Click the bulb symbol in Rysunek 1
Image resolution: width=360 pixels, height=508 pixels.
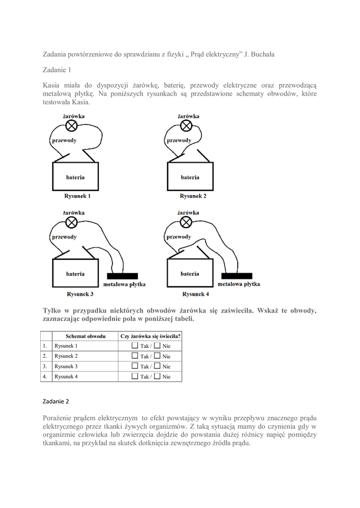coord(72,126)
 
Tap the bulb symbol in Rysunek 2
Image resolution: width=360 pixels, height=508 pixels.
coord(187,126)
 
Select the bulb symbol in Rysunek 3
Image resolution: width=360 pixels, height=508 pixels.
coord(72,221)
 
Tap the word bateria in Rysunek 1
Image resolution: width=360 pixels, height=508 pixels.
coord(75,177)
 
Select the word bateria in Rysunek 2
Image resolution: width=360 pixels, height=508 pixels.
coord(190,177)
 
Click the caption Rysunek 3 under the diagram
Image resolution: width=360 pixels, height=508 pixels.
coord(79,294)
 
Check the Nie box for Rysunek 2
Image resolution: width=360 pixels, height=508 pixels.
coord(157,356)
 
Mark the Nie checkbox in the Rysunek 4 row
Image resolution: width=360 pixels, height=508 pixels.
coord(157,377)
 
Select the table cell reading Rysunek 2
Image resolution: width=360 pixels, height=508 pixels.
coord(66,356)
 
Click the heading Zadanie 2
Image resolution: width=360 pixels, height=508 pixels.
coord(56,401)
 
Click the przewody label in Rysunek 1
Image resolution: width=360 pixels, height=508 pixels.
coord(64,140)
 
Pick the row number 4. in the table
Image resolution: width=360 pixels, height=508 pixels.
coord(45,377)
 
